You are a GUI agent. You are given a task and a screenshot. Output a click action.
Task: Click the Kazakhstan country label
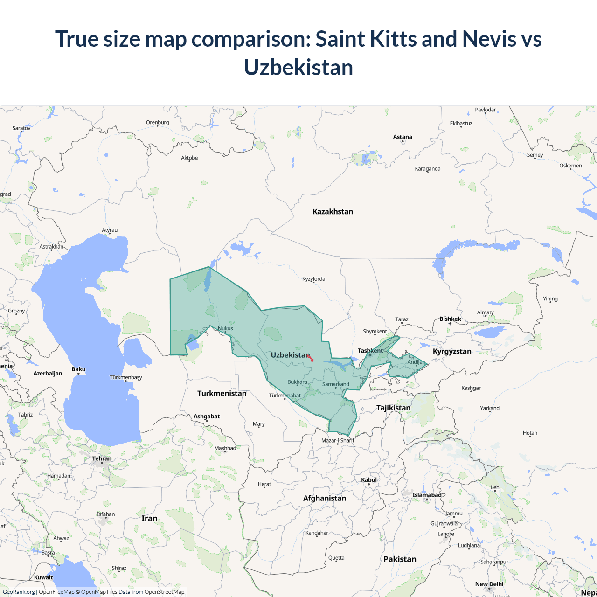click(333, 212)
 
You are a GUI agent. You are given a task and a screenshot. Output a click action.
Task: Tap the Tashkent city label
click(370, 351)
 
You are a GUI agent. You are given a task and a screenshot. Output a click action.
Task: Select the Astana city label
click(403, 137)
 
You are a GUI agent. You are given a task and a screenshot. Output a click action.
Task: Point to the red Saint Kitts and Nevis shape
click(310, 358)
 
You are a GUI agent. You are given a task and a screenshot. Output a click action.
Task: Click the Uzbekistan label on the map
click(290, 355)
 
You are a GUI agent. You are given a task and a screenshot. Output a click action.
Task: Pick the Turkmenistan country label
click(222, 393)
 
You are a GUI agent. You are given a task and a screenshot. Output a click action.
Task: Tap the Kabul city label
click(369, 480)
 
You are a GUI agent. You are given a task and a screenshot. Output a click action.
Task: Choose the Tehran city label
click(102, 458)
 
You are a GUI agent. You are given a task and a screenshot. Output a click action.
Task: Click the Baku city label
click(78, 369)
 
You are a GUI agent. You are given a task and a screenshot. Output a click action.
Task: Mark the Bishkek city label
click(450, 319)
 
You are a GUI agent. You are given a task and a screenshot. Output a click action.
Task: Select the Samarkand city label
click(335, 384)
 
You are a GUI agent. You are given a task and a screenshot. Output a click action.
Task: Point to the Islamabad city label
click(427, 495)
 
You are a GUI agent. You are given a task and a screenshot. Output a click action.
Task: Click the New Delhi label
click(489, 584)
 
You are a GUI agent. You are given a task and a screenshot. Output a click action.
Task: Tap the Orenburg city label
click(157, 123)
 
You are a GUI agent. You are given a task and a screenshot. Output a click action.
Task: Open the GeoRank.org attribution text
click(19, 592)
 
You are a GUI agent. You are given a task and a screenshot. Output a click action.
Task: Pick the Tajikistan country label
click(393, 408)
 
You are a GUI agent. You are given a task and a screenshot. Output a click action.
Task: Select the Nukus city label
click(225, 328)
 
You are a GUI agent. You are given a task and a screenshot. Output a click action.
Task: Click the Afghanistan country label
click(325, 498)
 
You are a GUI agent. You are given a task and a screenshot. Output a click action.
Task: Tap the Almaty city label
click(485, 312)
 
